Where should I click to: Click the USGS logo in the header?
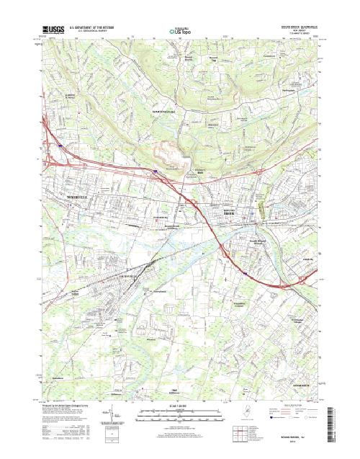(53, 30)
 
